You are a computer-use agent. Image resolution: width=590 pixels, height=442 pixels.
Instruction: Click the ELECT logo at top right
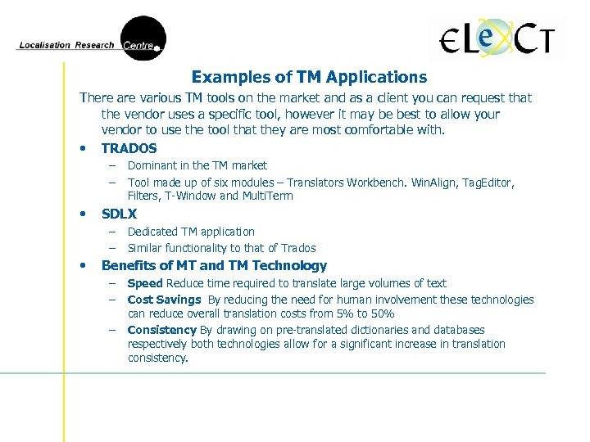[497, 38]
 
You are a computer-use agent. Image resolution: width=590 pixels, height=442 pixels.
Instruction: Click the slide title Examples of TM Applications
[309, 78]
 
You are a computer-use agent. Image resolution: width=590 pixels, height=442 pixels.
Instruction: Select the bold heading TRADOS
[129, 148]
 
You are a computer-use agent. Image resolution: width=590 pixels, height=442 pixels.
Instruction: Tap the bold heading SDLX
[119, 214]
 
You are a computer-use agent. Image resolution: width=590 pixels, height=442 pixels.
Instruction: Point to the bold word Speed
[145, 283]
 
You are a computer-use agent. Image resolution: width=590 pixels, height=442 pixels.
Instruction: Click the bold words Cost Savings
[164, 300]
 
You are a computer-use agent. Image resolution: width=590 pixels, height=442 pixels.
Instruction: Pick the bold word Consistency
[162, 330]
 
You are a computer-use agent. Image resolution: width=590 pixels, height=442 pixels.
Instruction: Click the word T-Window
[191, 196]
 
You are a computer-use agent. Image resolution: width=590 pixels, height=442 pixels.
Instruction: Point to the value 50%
[381, 313]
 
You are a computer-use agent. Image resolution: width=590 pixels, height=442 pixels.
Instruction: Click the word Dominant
[152, 165]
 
